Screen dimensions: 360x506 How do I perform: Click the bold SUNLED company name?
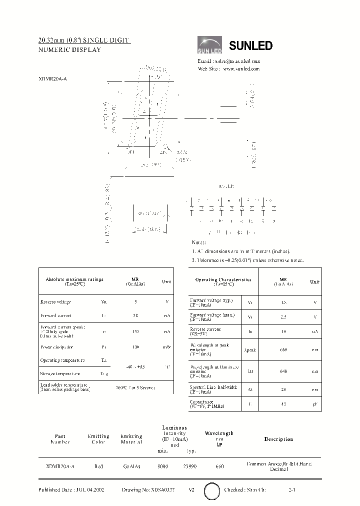(250, 46)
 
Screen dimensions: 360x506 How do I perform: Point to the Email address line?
(228, 61)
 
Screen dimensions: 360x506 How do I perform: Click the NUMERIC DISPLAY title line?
(69, 50)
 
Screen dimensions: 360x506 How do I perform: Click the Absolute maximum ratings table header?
(74, 281)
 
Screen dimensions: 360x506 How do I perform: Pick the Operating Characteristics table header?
(223, 281)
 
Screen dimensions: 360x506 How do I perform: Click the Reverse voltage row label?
(55, 301)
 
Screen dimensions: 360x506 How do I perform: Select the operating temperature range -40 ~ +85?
(132, 366)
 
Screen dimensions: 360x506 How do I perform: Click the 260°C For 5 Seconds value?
(135, 387)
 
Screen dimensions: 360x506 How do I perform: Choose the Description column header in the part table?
(278, 439)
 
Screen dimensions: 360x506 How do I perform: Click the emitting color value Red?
(98, 466)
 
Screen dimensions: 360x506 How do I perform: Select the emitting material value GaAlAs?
(131, 466)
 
